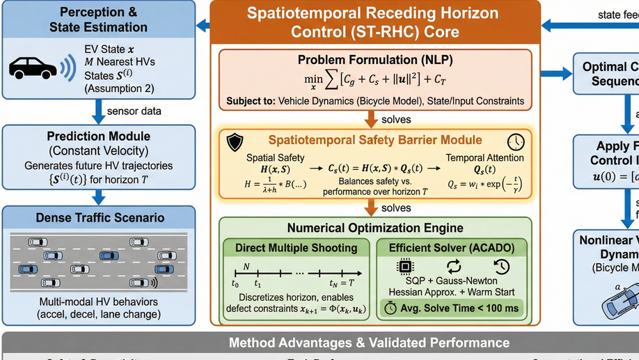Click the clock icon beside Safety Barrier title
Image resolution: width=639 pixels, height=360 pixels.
(x=516, y=141)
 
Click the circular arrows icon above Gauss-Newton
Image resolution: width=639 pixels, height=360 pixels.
(x=454, y=265)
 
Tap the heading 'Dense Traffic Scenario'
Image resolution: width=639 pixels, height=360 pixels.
(x=100, y=218)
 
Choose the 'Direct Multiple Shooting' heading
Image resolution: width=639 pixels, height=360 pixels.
(x=296, y=247)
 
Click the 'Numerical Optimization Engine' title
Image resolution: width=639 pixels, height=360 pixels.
(x=375, y=228)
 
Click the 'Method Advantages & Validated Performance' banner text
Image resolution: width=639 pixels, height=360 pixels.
(x=369, y=343)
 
